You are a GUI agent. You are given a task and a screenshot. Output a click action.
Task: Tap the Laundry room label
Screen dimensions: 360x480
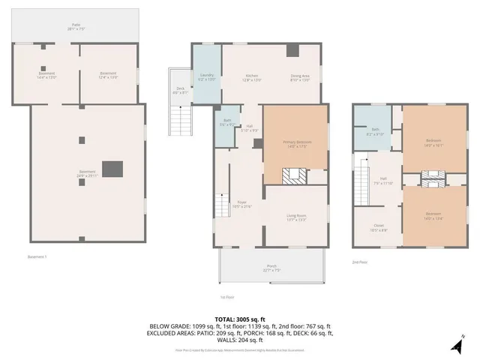206,76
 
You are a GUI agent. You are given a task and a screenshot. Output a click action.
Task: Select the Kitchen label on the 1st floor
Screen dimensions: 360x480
253,76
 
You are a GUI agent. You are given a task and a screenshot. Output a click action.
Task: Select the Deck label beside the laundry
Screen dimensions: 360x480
180,90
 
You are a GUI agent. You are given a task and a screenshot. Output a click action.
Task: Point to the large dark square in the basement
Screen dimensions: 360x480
112,169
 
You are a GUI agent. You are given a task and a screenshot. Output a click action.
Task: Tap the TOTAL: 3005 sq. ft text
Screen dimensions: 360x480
240,317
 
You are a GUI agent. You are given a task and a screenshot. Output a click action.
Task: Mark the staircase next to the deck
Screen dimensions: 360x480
180,119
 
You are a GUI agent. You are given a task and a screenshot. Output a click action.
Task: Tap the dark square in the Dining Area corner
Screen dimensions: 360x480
293,51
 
